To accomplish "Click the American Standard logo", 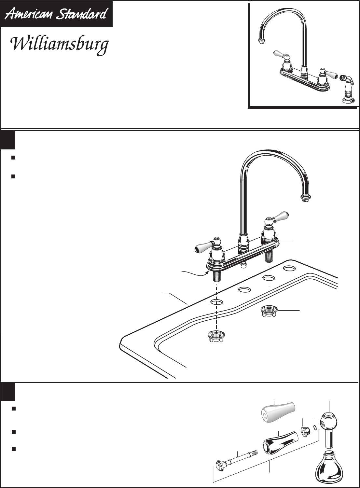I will coord(57,14).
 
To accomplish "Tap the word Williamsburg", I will coord(59,45).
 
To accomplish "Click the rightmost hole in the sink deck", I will coord(289,269).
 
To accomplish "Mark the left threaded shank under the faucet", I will coord(216,276).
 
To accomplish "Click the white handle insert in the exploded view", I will coord(278,411).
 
